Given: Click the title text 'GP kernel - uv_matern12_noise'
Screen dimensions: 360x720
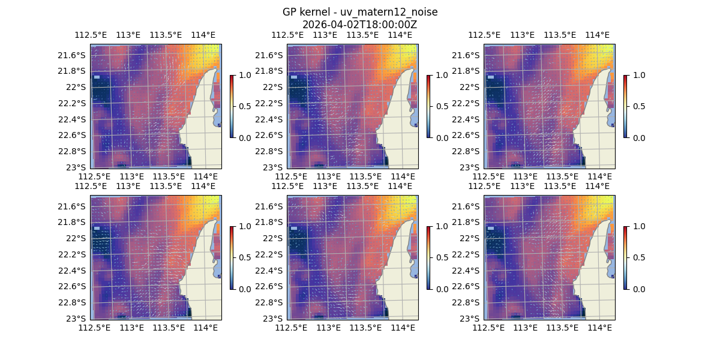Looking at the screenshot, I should pos(360,12).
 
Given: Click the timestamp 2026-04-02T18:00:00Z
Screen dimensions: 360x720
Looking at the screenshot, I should pos(360,25).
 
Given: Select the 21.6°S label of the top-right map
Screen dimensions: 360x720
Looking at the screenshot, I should pos(468,55).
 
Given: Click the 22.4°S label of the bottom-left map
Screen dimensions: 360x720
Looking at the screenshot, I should pos(73,270).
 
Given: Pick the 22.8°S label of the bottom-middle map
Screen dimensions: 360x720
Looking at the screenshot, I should pos(270,302).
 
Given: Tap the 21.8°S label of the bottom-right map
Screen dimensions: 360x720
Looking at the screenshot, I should pos(467,222).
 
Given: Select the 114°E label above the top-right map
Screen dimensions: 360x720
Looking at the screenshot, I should pos(598,35).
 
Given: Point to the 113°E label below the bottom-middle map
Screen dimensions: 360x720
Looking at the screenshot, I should pos(328,328).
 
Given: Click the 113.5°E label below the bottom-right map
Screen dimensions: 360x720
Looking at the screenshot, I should pos(562,328).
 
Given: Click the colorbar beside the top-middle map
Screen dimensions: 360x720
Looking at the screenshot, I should pos(428,106).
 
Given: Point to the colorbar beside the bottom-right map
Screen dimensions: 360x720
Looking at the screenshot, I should pos(625,257).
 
